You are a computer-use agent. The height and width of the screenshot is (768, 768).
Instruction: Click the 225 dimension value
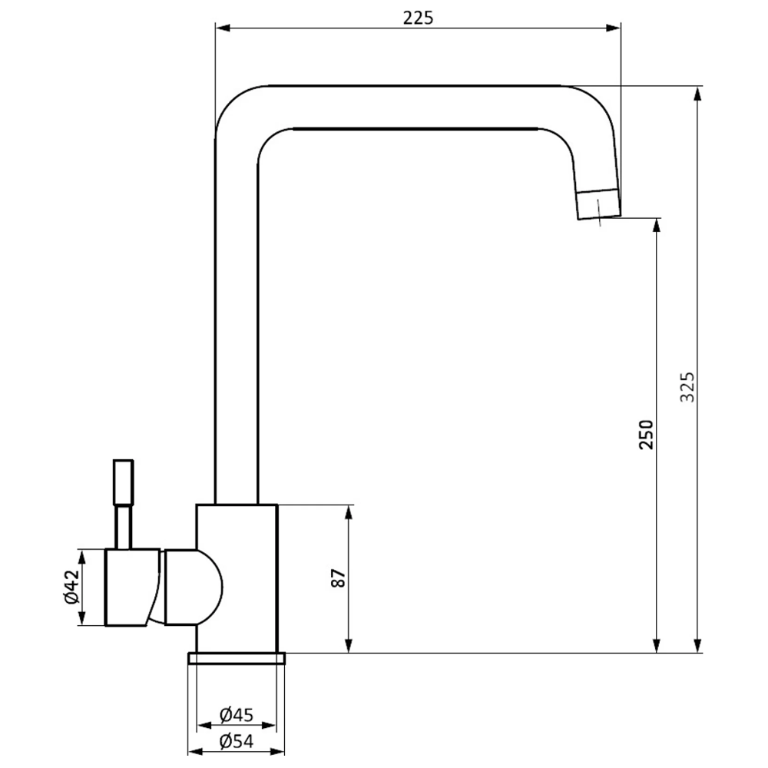419,18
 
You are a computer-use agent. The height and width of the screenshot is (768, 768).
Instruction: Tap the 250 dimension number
646,435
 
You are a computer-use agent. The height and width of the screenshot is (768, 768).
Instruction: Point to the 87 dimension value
339,578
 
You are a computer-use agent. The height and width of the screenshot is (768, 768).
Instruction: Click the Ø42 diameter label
71,587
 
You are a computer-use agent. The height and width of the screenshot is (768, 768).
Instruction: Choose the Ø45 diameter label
237,715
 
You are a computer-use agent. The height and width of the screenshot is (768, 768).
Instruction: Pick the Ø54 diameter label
237,742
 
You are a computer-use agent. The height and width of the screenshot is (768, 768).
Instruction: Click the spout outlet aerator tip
598,204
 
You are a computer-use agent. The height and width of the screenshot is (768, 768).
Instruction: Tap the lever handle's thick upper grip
123,482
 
